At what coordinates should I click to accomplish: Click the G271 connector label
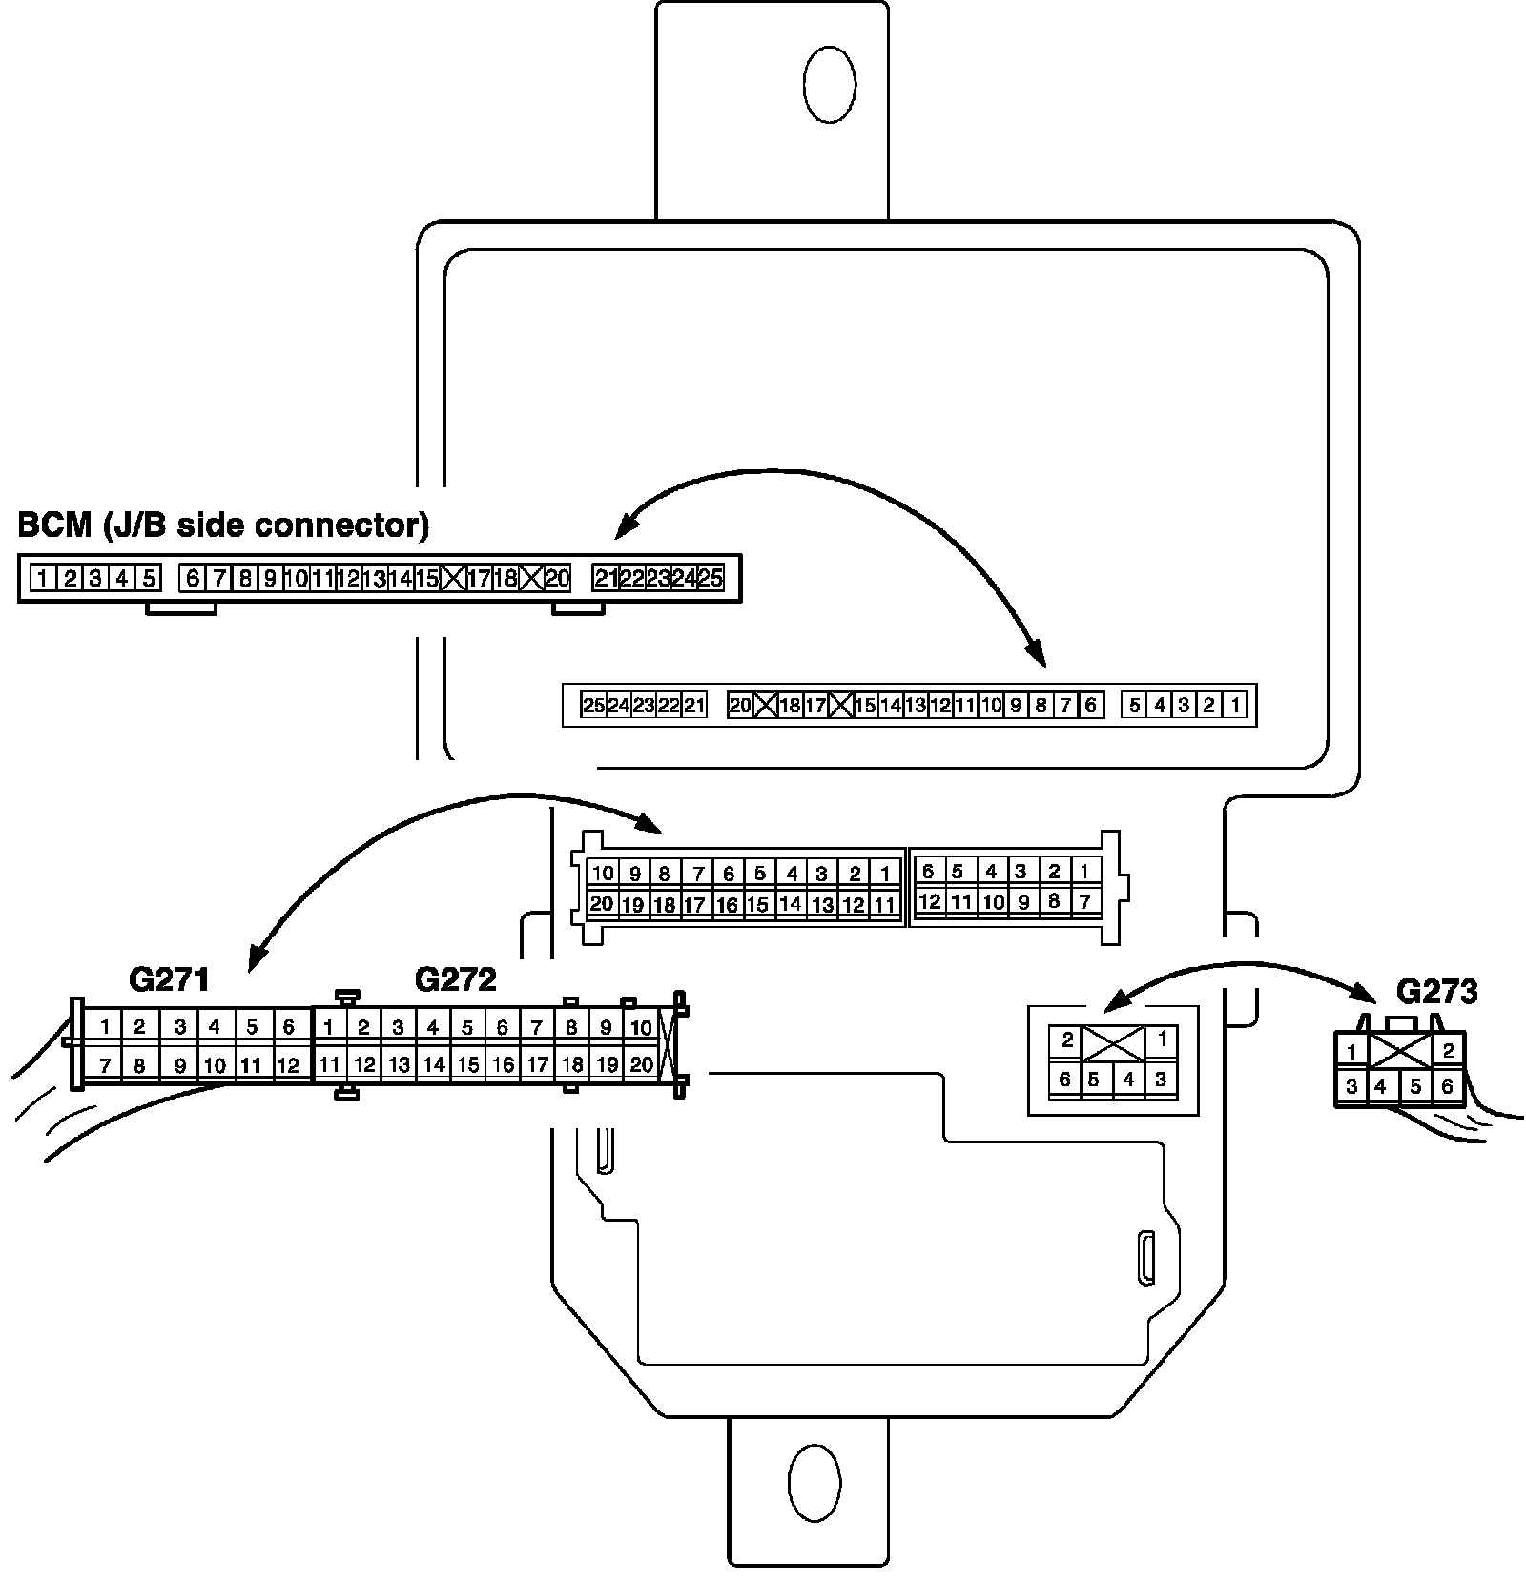click(x=168, y=979)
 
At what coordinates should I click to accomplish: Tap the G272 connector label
click(x=455, y=979)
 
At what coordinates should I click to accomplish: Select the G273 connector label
click(x=1436, y=992)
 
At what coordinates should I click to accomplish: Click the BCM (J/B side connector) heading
click(x=223, y=525)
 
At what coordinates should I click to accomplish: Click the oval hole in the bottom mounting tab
click(x=815, y=1485)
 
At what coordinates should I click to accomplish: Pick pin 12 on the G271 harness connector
click(x=288, y=1065)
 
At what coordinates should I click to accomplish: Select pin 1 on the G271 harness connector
click(x=106, y=1027)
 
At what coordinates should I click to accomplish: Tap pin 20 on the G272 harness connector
click(x=641, y=1065)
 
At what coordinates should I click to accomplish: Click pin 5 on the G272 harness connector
click(x=467, y=1028)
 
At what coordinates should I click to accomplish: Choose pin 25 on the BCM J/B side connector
click(x=711, y=578)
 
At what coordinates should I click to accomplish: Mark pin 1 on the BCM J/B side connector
click(x=43, y=578)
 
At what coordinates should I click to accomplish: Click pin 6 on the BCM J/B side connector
click(x=193, y=578)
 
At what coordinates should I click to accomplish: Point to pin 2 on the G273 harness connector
click(x=1448, y=1051)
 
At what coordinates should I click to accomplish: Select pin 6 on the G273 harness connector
click(x=1448, y=1086)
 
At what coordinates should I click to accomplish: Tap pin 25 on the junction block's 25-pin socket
click(x=593, y=706)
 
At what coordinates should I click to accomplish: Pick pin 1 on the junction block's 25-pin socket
click(x=1235, y=706)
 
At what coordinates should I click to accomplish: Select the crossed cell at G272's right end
click(x=668, y=1046)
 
